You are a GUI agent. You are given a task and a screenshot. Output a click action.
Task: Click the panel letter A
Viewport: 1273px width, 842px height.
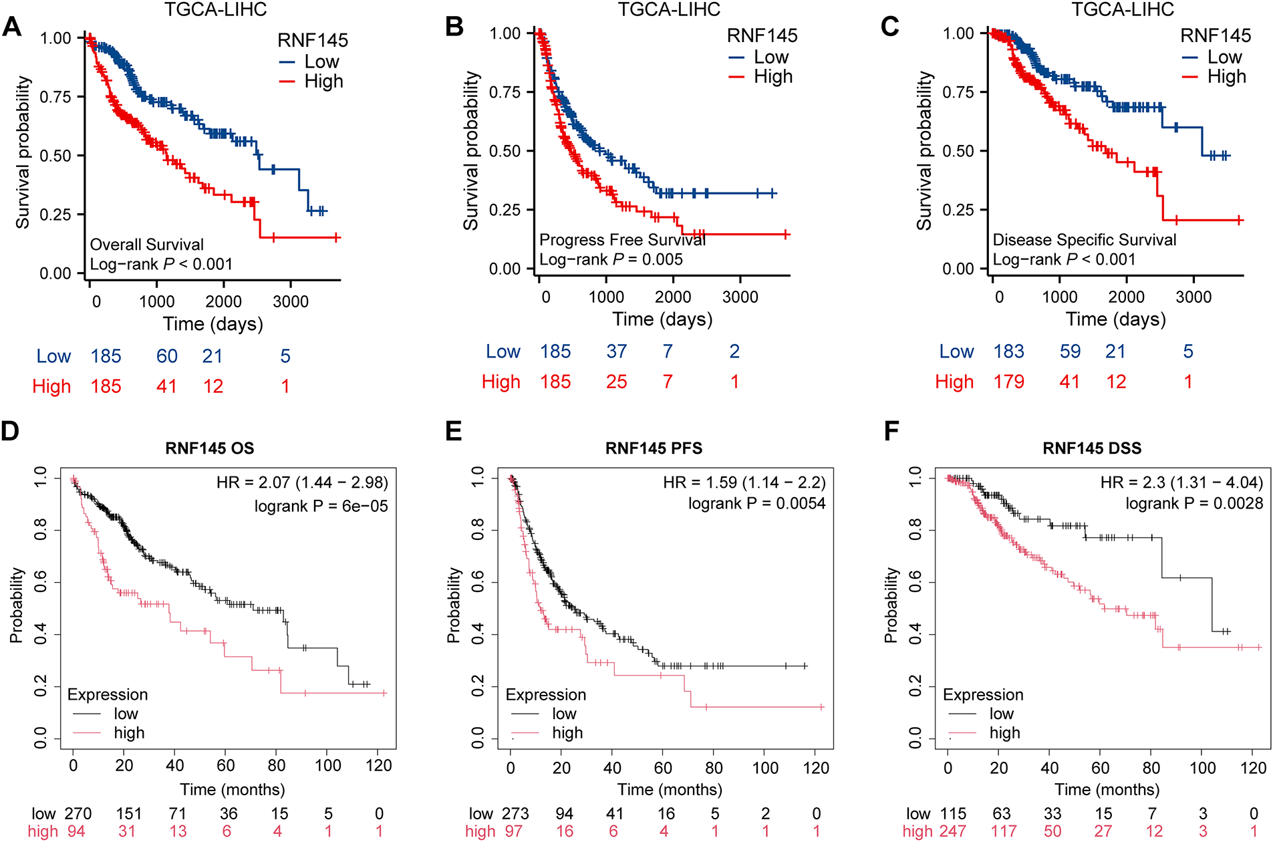coord(12,27)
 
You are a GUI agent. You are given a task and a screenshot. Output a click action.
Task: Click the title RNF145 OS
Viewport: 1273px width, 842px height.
coord(210,448)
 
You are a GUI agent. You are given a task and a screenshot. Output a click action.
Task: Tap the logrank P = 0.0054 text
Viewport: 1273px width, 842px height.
coord(757,503)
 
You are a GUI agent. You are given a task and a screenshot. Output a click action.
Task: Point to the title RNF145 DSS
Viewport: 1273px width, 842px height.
coord(1092,448)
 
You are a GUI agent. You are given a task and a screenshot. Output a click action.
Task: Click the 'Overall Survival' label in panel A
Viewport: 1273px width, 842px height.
coord(147,245)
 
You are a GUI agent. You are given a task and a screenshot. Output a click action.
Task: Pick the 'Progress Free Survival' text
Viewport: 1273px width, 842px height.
coord(622,240)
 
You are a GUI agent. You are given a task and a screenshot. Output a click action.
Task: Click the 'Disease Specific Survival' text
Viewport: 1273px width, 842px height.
coord(1085,240)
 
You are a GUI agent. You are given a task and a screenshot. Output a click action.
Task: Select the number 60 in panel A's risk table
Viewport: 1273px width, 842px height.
coord(167,356)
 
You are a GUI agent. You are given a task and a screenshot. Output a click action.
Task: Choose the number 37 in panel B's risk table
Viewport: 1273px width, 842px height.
coord(617,352)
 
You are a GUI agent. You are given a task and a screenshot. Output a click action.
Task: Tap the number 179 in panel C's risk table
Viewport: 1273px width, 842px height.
coord(1009,382)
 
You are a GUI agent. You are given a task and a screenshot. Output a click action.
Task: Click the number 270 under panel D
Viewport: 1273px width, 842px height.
coord(78,814)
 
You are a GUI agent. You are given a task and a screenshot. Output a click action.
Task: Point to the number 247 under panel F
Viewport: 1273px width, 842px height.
coord(953,831)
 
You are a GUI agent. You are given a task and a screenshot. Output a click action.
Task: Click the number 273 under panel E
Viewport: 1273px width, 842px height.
coord(515,814)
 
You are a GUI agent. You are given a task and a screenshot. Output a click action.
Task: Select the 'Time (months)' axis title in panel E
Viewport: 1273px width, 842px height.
coord(670,790)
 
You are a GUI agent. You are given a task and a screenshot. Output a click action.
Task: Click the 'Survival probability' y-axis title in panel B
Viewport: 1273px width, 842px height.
coord(472,151)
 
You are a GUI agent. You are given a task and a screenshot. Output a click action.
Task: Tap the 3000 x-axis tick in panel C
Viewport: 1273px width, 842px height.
coord(1193,297)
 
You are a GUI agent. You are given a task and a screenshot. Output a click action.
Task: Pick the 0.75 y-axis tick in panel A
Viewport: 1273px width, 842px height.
coord(55,97)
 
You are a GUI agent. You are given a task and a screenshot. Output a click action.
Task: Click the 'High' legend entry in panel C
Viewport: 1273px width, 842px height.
coord(1226,77)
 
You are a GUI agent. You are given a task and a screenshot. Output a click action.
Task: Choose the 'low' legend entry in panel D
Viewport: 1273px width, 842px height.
coord(126,714)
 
